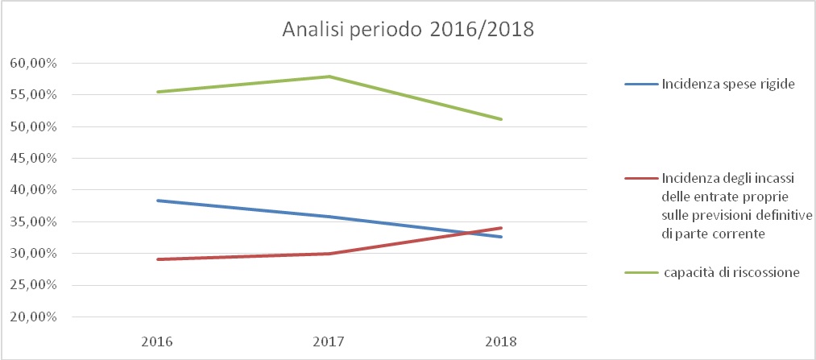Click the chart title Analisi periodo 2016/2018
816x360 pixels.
[x=408, y=31]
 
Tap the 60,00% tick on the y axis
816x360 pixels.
[x=33, y=63]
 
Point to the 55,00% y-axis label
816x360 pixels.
[x=33, y=94]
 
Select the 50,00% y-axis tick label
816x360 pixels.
[x=33, y=126]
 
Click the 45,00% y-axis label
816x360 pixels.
[x=33, y=158]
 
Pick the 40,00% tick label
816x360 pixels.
[x=33, y=190]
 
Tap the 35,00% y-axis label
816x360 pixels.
[x=33, y=221]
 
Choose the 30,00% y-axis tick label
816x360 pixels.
[x=33, y=254]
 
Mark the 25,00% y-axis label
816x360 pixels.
[x=33, y=285]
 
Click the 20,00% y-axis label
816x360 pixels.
[x=33, y=317]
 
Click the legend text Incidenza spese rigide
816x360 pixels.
[x=722, y=83]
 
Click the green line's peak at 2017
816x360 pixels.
[x=329, y=77]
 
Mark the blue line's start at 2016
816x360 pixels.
[x=156, y=201]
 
